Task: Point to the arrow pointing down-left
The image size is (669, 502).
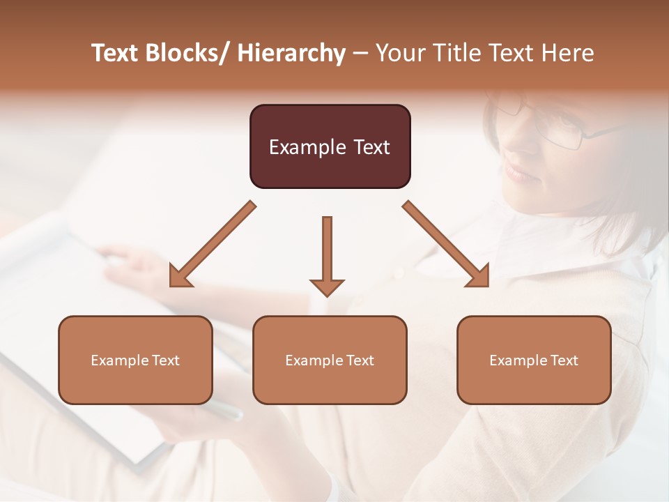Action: [212, 245]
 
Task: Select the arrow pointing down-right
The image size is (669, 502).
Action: [447, 245]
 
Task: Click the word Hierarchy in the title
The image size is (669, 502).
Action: [291, 53]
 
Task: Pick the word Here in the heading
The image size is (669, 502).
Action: [568, 53]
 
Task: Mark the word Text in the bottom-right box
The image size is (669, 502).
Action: [564, 360]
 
